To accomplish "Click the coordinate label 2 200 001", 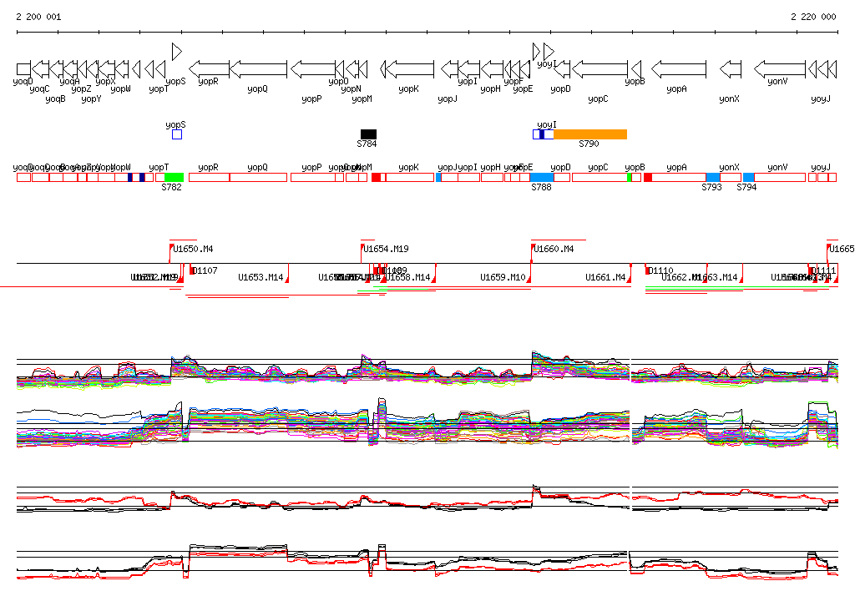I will click(38, 17).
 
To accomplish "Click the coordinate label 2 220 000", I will click(813, 17).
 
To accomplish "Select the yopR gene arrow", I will click(210, 68).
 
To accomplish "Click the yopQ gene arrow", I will click(258, 68).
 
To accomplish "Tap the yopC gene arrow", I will click(600, 68).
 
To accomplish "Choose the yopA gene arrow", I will click(679, 68).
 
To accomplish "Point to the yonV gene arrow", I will click(780, 68).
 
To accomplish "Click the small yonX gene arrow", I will click(731, 68).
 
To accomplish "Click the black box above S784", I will click(368, 134).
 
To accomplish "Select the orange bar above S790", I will click(589, 134).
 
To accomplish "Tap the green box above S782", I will click(174, 177).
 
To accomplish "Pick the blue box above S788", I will click(542, 177).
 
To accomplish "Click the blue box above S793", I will click(712, 177).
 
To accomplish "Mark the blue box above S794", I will click(749, 177).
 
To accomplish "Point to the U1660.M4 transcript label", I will click(554, 249).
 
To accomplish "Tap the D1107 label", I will click(205, 270).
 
